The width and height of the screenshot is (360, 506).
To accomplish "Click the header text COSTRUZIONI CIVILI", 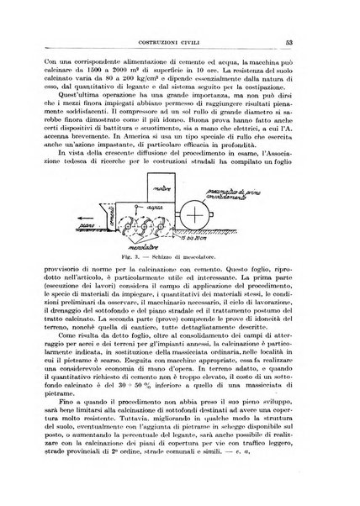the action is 180,43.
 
